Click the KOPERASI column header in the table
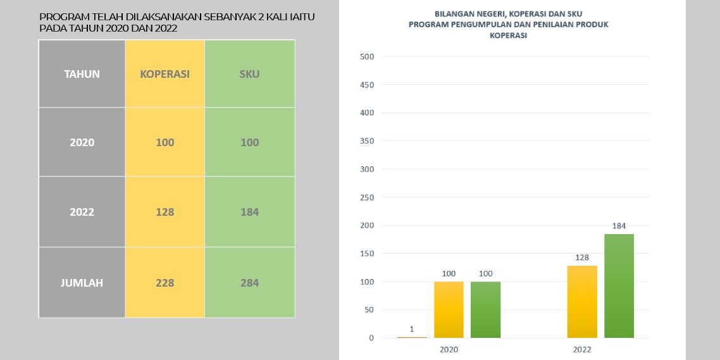[x=165, y=74]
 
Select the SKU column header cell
[x=249, y=74]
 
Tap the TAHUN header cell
[x=82, y=74]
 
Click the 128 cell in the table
[x=165, y=212]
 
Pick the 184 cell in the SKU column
[x=249, y=212]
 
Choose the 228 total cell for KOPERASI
[x=165, y=282]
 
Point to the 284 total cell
[x=249, y=282]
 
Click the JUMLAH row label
[x=82, y=282]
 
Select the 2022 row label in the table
[x=82, y=212]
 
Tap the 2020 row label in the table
[x=82, y=142]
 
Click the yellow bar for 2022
[x=582, y=302]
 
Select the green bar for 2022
[x=619, y=286]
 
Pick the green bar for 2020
[x=485, y=309]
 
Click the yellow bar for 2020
[x=449, y=309]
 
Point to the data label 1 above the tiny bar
[x=412, y=329]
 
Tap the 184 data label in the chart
[x=619, y=226]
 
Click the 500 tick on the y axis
[x=368, y=56]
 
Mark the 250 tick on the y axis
[x=368, y=197]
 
